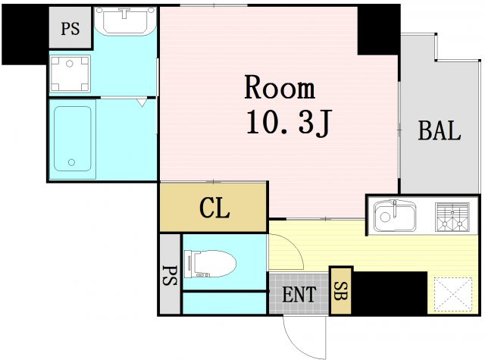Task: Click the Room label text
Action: click(x=280, y=87)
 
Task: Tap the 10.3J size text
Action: click(x=289, y=123)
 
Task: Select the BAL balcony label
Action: click(x=440, y=131)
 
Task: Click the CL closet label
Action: click(x=214, y=208)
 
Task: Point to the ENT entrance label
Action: click(x=299, y=294)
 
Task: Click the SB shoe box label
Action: click(x=340, y=291)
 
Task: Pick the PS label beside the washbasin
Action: click(x=70, y=29)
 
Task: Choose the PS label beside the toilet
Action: click(x=170, y=275)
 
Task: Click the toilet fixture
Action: click(x=210, y=264)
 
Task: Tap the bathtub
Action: click(x=73, y=139)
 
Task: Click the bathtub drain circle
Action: click(x=72, y=162)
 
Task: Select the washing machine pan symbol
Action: click(x=70, y=74)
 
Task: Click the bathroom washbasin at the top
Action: click(x=125, y=20)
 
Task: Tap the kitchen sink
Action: click(x=395, y=216)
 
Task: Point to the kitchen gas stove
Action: click(x=452, y=217)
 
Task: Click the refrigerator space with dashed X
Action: click(x=453, y=294)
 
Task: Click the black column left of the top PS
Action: click(x=25, y=34)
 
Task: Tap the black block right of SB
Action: click(x=389, y=293)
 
